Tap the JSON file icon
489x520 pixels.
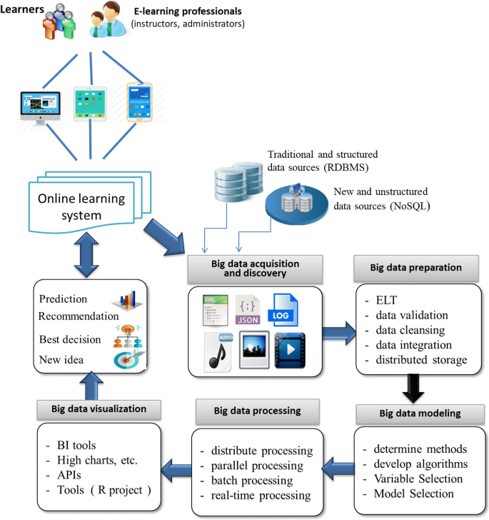tap(248, 311)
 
